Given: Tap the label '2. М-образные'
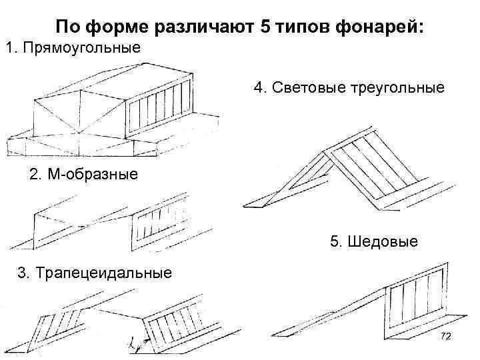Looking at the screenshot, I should (x=84, y=175).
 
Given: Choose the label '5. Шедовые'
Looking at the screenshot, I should (x=374, y=241).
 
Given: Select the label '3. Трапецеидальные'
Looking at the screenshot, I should (x=94, y=273).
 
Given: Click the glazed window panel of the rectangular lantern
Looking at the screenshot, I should (x=159, y=111).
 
